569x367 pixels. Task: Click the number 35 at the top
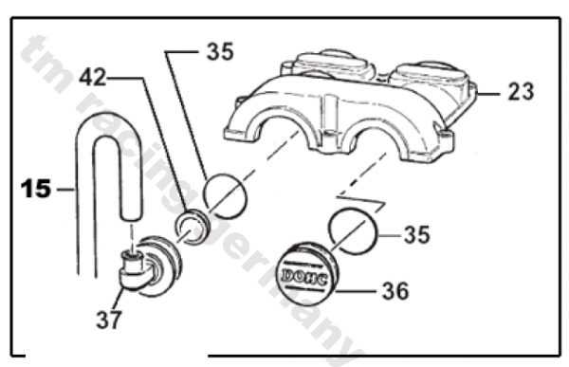coord(220,53)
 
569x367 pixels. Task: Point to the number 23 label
coord(520,92)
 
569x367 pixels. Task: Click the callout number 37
coord(109,320)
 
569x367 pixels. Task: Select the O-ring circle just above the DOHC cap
coord(352,229)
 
